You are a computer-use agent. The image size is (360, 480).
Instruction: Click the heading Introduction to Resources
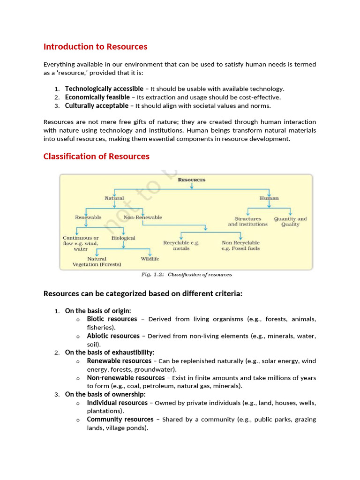[95, 46]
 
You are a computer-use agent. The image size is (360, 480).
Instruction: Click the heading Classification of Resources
[96, 156]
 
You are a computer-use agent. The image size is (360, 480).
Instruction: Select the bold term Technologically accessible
[104, 89]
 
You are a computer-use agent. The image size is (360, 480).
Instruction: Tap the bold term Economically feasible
[97, 97]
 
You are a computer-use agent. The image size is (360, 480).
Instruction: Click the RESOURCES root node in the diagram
[191, 180]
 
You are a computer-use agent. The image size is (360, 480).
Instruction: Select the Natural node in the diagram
[114, 198]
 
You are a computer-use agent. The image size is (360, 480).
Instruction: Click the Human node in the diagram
[269, 198]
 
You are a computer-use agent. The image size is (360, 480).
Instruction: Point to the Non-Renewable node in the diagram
[142, 217]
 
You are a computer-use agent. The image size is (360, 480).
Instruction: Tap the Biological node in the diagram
[123, 238]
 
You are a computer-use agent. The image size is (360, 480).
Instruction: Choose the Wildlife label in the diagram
[150, 259]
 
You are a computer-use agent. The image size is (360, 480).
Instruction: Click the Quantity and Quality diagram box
[290, 221]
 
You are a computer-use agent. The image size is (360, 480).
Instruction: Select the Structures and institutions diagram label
[247, 221]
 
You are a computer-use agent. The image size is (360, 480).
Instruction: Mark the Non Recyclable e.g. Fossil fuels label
[240, 246]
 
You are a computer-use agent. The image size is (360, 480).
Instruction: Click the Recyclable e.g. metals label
[181, 246]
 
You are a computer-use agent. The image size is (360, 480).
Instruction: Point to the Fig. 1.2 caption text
[187, 275]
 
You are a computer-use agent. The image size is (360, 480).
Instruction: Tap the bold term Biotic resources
[112, 319]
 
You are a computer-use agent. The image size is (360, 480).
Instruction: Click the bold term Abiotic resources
[113, 336]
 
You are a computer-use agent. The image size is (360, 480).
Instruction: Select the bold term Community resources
[120, 419]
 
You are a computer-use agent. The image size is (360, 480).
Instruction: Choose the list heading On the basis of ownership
[105, 394]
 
